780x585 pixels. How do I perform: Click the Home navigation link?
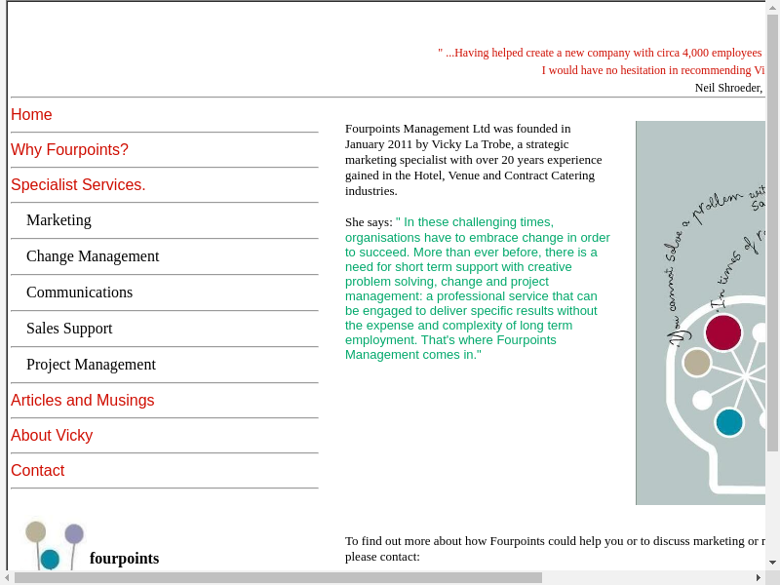point(31,115)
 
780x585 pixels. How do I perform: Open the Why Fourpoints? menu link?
point(69,150)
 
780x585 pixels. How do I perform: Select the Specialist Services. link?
point(78,185)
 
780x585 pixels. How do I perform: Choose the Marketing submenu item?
point(58,220)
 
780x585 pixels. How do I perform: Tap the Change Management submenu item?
point(93,256)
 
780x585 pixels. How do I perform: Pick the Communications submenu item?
point(79,292)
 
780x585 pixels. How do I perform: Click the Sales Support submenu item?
point(69,329)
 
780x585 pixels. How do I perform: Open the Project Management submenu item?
point(91,365)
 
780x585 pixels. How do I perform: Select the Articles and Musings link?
point(82,401)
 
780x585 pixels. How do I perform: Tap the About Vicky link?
point(52,436)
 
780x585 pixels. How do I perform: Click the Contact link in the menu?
point(37,471)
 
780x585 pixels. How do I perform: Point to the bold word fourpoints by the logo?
point(124,559)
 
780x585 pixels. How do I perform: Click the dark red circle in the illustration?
point(723,332)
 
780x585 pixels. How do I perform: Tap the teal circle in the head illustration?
point(729,422)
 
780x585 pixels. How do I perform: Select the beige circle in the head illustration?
point(697,363)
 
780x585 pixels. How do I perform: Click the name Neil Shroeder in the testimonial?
point(727,88)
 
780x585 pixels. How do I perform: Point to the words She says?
point(369,222)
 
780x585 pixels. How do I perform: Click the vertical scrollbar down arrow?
point(772,563)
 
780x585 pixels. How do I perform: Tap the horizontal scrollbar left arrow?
point(7,578)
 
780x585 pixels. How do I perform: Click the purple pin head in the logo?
point(74,533)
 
